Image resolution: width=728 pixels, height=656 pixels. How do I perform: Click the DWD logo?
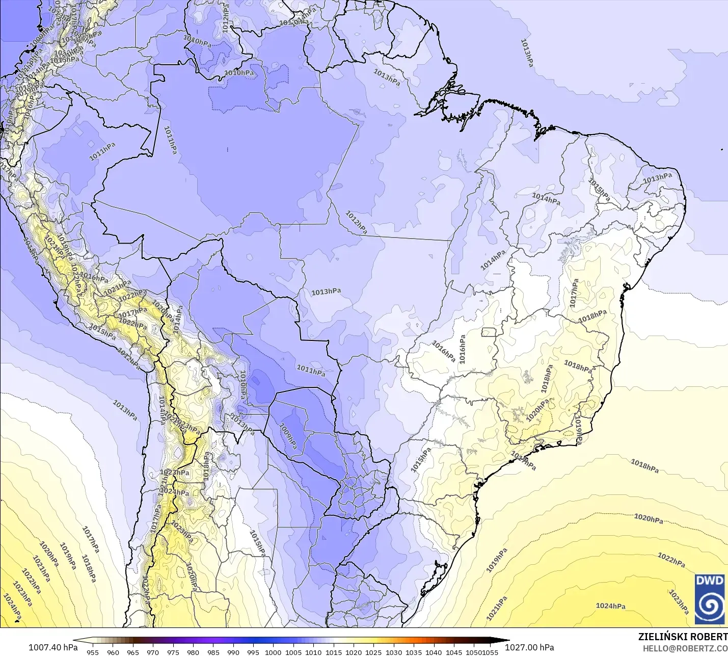(x=710, y=599)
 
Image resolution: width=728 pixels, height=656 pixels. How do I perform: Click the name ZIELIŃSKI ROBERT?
(x=683, y=637)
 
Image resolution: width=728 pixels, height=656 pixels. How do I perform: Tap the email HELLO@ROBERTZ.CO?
(x=685, y=648)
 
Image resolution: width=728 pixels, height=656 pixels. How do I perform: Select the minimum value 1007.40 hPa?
(x=53, y=647)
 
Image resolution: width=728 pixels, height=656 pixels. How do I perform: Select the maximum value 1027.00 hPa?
(x=529, y=647)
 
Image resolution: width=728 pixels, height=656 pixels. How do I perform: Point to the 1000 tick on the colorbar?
(x=273, y=652)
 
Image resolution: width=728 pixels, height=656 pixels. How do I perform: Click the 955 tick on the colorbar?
(x=93, y=652)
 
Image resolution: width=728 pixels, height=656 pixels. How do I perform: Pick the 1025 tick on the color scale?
(x=373, y=652)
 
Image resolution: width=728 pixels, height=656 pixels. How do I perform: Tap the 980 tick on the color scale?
(x=193, y=652)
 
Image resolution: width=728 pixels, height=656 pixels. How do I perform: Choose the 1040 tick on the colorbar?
(x=434, y=652)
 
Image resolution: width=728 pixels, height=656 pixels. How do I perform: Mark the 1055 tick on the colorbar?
(x=490, y=652)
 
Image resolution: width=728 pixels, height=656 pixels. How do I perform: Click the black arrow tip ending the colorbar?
(x=507, y=641)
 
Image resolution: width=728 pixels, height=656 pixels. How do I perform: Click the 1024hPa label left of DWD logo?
(x=610, y=606)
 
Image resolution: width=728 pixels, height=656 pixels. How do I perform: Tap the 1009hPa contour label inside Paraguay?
(x=288, y=436)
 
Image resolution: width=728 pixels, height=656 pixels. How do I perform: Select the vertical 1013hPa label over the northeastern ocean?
(x=527, y=53)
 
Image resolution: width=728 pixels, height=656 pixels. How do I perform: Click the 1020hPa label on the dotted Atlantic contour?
(x=649, y=519)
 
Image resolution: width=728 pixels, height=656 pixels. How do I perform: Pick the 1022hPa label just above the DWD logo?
(x=671, y=560)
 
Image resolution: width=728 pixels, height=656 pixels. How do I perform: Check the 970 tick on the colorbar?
(x=153, y=652)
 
